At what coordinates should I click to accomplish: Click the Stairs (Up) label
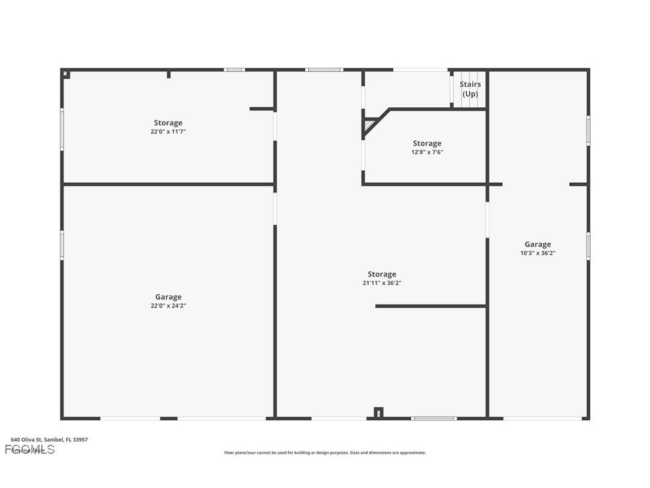tap(470, 89)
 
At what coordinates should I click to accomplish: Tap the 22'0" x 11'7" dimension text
tap(168, 132)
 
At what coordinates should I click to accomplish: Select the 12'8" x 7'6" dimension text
tap(427, 152)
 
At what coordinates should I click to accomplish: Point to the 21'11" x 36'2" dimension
tap(381, 283)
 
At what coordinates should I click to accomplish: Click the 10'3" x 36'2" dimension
tap(537, 253)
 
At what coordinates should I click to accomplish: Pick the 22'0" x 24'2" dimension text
tap(168, 306)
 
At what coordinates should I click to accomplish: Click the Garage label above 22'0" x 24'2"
tap(168, 297)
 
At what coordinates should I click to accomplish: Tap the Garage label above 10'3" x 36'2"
tap(537, 244)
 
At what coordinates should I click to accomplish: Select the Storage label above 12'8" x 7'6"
tap(427, 143)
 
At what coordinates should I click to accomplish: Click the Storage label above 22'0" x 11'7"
tap(168, 123)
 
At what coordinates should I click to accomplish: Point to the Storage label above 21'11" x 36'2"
tap(381, 274)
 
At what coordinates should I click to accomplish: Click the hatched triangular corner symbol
tap(369, 126)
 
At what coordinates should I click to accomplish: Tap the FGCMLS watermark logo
tap(30, 450)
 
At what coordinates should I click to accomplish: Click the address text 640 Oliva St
tap(49, 439)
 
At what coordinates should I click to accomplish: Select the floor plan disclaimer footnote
tap(325, 453)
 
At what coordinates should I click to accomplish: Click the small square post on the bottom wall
tap(378, 412)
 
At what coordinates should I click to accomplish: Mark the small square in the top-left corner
tap(66, 75)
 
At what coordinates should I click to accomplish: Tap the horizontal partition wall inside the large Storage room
tap(430, 306)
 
